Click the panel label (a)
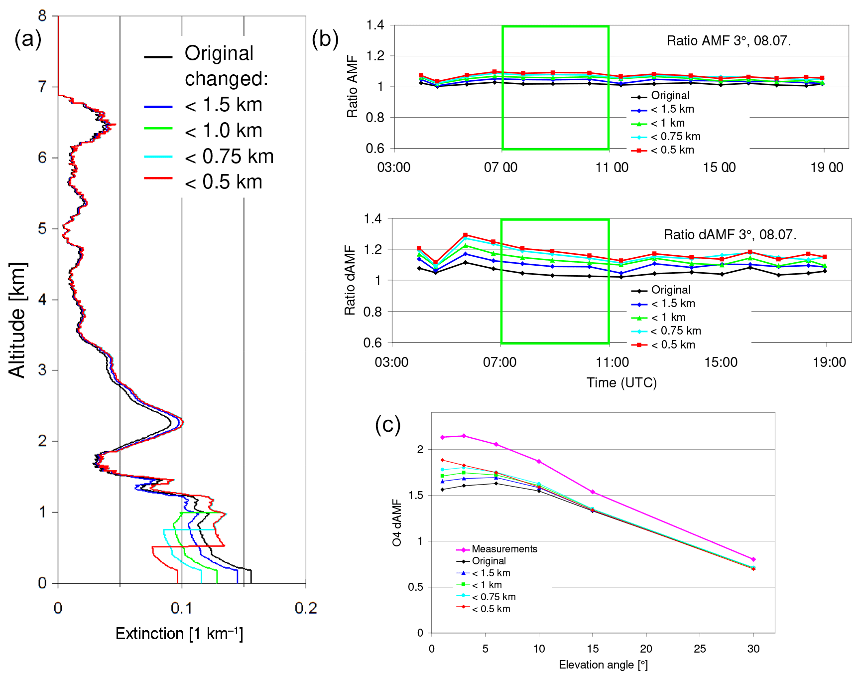click(28, 39)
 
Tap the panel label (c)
click(387, 425)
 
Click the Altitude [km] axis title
click(17, 320)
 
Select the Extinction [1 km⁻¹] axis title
click(179, 634)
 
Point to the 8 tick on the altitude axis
click(43, 16)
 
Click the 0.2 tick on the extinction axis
click(305, 608)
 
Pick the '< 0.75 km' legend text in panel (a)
click(229, 157)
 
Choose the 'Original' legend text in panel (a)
click(219, 53)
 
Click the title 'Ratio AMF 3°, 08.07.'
click(729, 41)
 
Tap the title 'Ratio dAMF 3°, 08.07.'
click(730, 235)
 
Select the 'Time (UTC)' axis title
click(621, 383)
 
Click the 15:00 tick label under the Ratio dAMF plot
click(721, 362)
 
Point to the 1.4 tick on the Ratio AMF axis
click(375, 25)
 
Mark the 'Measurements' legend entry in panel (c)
click(504, 549)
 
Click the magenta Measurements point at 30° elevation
click(753, 559)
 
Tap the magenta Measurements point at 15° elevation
click(593, 492)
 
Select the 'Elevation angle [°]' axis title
click(603, 665)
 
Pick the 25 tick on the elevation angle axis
click(700, 649)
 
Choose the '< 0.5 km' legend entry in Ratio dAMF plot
click(673, 344)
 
